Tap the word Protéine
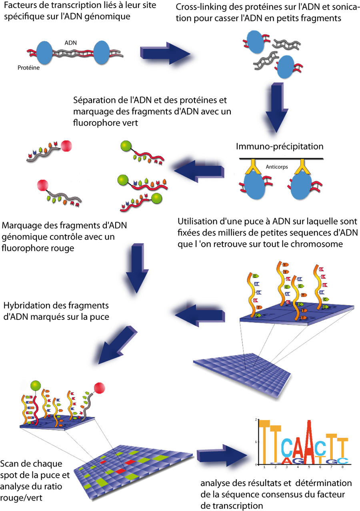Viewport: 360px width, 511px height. coord(28,68)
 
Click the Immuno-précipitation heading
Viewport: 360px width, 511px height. coord(280,146)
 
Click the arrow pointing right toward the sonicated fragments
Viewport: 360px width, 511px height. coord(166,54)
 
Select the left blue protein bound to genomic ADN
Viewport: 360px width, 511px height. coord(46,52)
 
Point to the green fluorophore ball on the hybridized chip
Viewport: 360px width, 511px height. coord(36,385)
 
